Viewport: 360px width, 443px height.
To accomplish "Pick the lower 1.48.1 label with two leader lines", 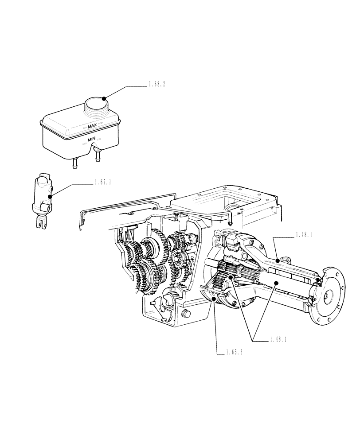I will (x=279, y=340).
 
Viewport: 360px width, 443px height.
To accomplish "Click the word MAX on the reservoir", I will (x=92, y=126).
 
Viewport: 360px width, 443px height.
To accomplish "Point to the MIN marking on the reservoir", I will (x=92, y=139).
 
